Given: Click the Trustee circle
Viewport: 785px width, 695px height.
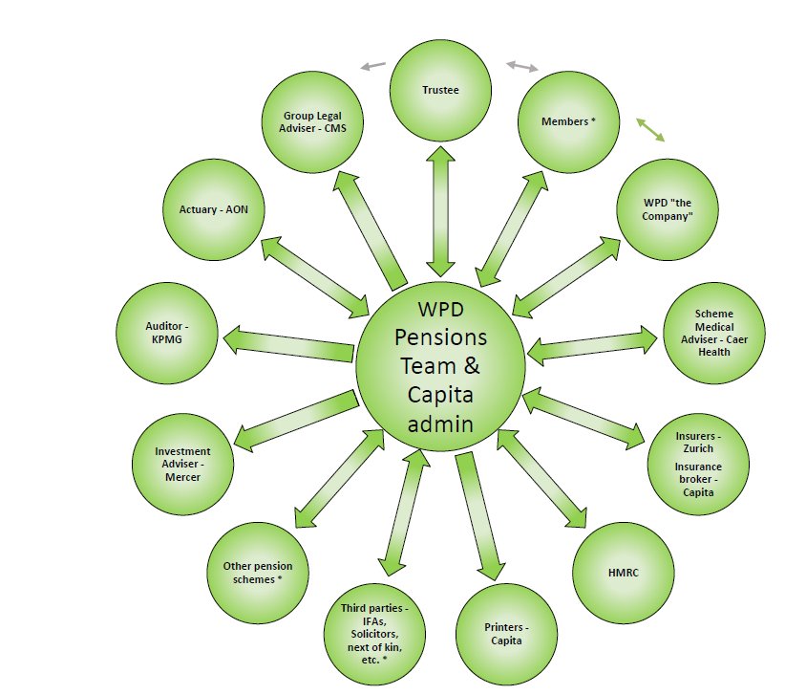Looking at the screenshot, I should click(x=441, y=92).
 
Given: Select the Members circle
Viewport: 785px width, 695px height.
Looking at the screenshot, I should click(x=566, y=122).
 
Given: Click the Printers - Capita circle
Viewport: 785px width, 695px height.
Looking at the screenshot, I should click(x=505, y=633).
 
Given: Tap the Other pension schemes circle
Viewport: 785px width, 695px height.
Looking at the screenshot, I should click(x=257, y=572).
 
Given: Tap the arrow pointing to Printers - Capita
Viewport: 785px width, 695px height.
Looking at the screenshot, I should click(x=477, y=517).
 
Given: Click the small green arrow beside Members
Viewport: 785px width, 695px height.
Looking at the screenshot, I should click(x=651, y=130).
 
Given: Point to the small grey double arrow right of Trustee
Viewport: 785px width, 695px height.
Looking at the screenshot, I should click(x=522, y=66).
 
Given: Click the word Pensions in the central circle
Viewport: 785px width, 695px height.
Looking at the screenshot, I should click(x=439, y=337).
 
